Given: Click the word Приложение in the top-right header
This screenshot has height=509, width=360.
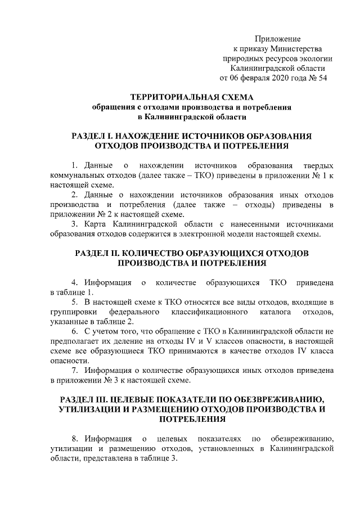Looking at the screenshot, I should click(278, 39).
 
